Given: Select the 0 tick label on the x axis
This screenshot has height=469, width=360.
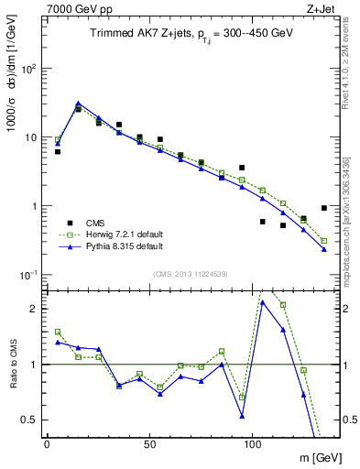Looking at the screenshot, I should point(48,442).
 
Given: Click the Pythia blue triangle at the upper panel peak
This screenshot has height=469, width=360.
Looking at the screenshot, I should point(78,104).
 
